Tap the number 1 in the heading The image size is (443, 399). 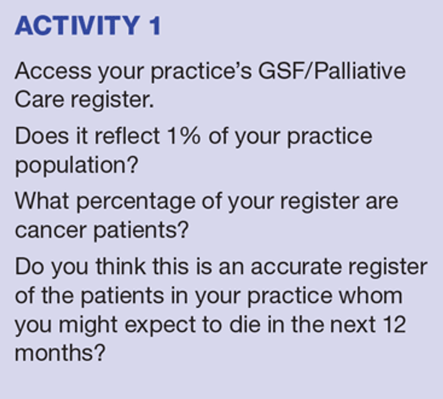155,25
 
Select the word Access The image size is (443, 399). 53,71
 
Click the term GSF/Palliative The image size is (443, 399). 332,71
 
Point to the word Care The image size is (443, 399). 40,100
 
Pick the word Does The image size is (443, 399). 42,136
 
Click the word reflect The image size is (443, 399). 127,136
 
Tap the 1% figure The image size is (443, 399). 184,136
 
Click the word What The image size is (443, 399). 42,201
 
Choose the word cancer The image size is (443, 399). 51,231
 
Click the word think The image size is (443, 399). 120,266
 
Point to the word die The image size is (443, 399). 245,324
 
